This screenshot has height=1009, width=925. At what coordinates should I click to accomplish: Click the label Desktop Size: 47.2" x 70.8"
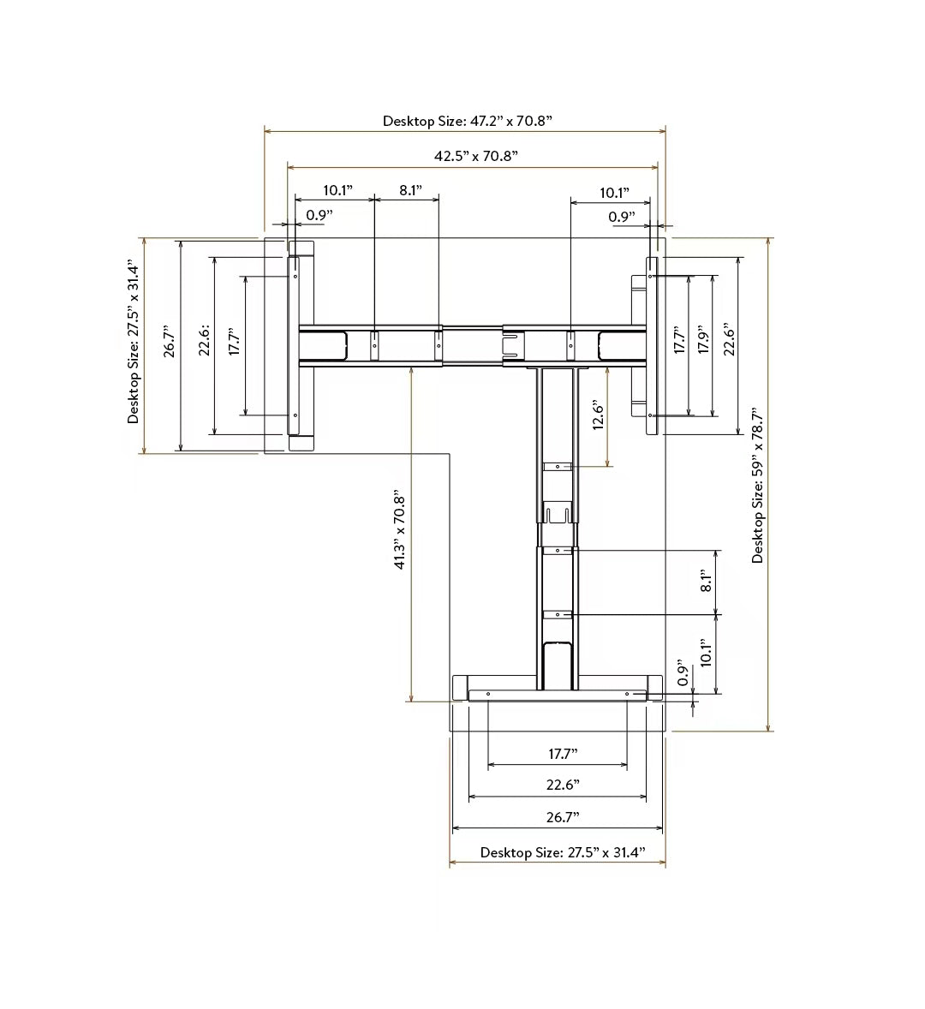[x=468, y=121]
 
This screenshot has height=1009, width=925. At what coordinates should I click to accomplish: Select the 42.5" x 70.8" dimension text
[x=476, y=156]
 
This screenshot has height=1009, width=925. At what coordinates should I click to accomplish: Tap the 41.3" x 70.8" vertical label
[x=399, y=532]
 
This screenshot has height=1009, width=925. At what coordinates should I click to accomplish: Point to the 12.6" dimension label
[x=598, y=415]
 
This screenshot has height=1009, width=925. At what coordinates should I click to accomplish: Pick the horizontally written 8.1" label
[x=410, y=190]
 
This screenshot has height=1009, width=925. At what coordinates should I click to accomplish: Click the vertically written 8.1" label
[x=707, y=581]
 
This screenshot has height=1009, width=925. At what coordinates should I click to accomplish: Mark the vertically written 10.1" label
[x=707, y=653]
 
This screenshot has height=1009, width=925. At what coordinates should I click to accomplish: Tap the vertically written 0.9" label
[x=683, y=672]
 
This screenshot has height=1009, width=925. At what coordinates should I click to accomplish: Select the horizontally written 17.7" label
[x=563, y=754]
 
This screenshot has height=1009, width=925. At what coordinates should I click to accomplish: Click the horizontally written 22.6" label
[x=563, y=785]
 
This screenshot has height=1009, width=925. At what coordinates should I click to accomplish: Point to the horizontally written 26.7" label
[x=563, y=817]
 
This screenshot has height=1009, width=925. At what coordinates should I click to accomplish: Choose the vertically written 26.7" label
[x=170, y=340]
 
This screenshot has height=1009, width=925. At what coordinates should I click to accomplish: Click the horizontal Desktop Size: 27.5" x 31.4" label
[x=563, y=852]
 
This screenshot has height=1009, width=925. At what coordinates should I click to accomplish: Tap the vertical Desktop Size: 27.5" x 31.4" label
[x=133, y=342]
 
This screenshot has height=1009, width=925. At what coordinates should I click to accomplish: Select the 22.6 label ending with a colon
[x=205, y=340]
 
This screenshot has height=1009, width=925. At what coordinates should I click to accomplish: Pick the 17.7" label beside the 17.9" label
[x=679, y=339]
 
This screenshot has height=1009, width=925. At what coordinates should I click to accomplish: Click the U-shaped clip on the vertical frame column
[x=557, y=512]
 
